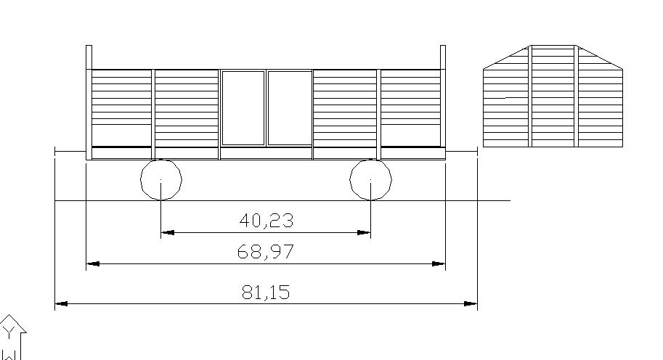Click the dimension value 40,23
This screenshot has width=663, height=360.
click(266, 221)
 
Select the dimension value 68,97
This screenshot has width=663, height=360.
click(266, 252)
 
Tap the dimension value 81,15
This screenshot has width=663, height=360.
click(266, 292)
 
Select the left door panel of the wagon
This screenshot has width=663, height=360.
click(243, 107)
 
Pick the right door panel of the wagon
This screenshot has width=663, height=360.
click(290, 107)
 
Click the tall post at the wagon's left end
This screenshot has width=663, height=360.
click(89, 102)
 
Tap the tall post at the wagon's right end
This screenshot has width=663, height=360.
click(443, 102)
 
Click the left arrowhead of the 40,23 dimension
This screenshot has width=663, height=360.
click(168, 232)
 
